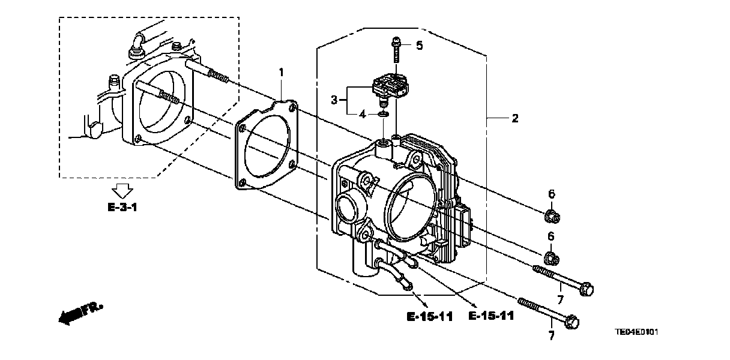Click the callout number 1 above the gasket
[x=280, y=73]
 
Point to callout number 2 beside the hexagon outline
[x=514, y=118]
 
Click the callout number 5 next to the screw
[x=420, y=45]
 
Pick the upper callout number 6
[x=552, y=193]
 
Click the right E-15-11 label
[x=490, y=316]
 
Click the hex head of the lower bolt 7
[x=572, y=322]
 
